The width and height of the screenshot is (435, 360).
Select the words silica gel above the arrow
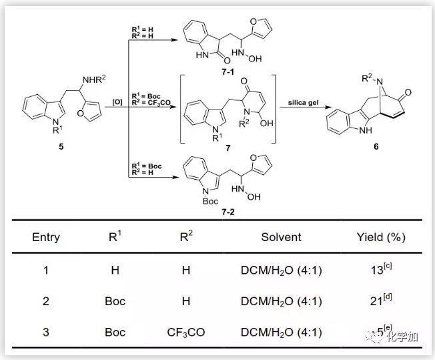[302, 103]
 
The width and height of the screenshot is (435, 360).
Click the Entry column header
[46, 237]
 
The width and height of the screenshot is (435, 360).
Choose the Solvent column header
[281, 237]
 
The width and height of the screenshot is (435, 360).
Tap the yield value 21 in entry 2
[377, 301]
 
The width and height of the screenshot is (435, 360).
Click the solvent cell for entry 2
[281, 301]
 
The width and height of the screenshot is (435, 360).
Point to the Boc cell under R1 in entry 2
[115, 301]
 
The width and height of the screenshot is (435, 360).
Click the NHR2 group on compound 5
[93, 82]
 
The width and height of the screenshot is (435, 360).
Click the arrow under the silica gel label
[302, 111]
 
